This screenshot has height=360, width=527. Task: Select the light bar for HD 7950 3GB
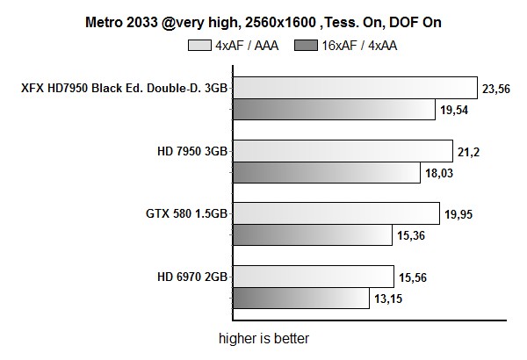pyautogui.click(x=342, y=151)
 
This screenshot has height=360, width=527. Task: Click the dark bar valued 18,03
pyautogui.click(x=326, y=172)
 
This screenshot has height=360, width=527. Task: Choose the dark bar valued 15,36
pyautogui.click(x=312, y=235)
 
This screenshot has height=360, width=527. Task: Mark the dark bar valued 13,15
pyautogui.click(x=300, y=299)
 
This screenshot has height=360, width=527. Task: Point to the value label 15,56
pyautogui.click(x=414, y=277)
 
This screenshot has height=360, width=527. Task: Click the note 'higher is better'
pyautogui.click(x=263, y=337)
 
